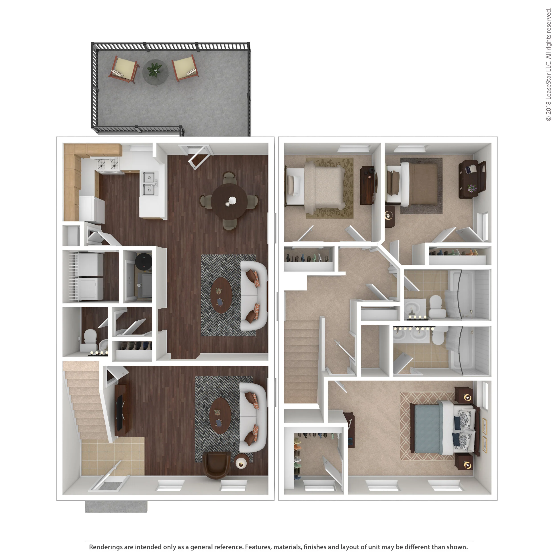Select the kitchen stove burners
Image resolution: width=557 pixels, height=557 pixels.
(x=107, y=165)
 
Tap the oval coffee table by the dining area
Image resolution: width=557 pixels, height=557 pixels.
(x=221, y=295)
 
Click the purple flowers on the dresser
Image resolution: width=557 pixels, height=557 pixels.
(x=472, y=188)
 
